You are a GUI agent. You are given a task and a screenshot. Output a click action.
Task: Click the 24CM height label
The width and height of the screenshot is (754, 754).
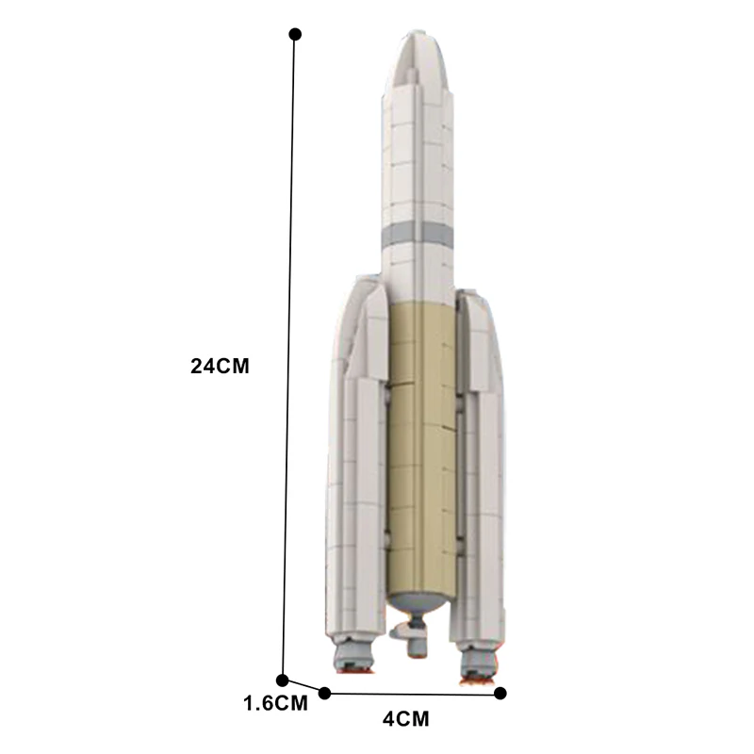click(220, 367)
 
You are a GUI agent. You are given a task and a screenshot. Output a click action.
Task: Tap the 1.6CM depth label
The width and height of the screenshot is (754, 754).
click(275, 703)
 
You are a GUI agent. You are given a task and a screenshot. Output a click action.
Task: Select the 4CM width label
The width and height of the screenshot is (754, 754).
click(406, 720)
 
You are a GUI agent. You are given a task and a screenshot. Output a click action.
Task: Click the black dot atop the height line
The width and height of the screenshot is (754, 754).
click(295, 34)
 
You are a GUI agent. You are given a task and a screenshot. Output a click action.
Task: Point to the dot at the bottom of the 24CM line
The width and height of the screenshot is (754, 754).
click(282, 680)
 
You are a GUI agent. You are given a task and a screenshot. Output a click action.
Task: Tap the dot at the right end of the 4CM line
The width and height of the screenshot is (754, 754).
click(500, 694)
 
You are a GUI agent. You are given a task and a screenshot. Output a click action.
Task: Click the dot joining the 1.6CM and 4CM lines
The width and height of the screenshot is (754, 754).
click(325, 693)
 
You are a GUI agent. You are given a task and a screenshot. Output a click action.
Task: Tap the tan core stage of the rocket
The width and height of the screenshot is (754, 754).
click(420, 443)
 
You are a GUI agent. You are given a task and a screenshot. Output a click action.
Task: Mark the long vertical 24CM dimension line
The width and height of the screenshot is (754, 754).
click(289, 358)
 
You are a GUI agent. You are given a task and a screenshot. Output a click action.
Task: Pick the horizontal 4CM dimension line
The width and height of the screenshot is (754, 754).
click(413, 694)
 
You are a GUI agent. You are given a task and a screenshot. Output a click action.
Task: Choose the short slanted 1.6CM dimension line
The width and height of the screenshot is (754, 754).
click(303, 686)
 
